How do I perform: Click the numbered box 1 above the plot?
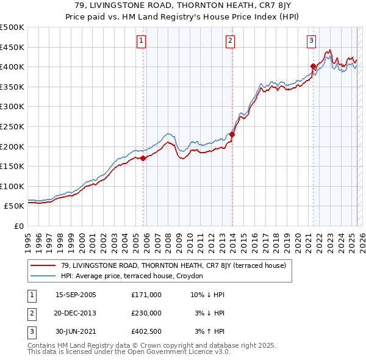(141, 41)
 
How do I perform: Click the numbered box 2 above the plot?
(231, 41)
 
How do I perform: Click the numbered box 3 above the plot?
(311, 41)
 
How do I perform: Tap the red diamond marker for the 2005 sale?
(143, 158)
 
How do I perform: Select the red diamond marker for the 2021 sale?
(313, 66)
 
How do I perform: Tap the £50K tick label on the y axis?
(15, 206)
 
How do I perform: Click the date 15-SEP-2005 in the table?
(76, 295)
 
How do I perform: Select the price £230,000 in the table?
(146, 312)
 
